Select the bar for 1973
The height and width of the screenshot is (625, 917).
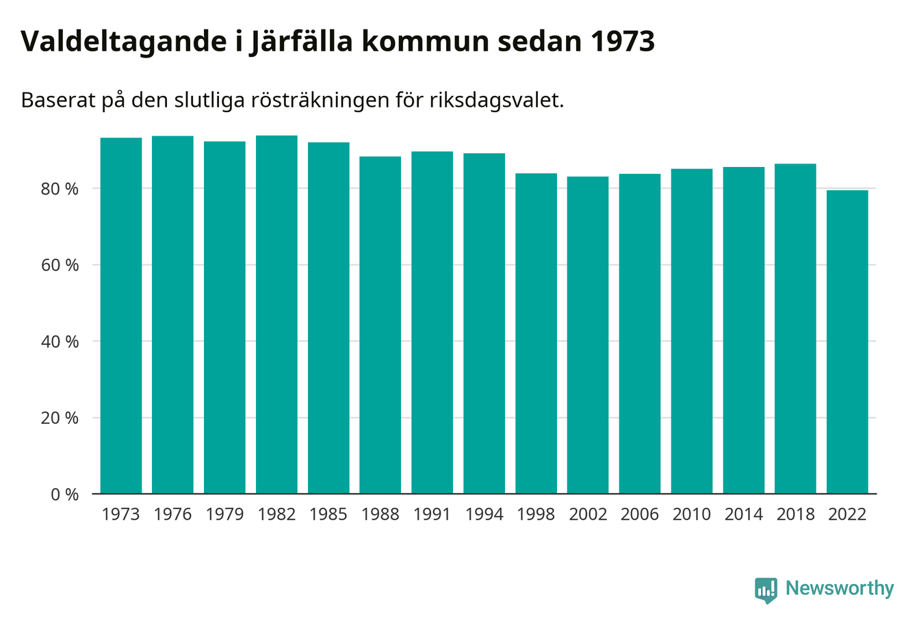121,315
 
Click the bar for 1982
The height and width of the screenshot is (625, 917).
276,314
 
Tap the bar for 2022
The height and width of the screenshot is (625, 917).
847,342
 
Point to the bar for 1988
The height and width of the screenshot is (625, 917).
380,324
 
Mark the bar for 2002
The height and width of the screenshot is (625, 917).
588,335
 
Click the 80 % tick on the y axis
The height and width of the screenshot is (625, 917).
60,188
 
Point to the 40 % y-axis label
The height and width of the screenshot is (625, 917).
60,341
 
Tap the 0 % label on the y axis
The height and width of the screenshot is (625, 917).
65,494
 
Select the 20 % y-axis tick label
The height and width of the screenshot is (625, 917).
60,418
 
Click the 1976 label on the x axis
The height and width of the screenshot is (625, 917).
172,514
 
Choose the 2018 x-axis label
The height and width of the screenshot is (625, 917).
795,514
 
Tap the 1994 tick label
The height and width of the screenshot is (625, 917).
484,514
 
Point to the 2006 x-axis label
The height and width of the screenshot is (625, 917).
640,514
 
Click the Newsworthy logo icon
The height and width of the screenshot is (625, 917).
766,589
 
